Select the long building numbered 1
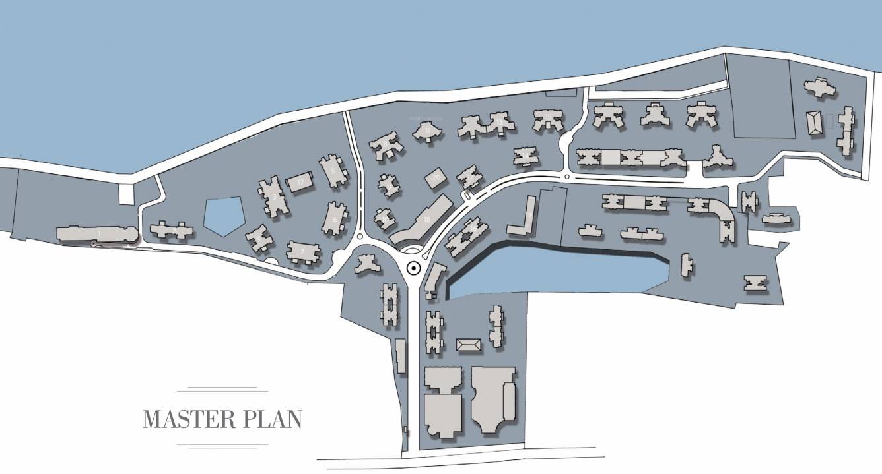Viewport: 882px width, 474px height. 98,234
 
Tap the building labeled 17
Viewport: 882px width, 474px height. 301,183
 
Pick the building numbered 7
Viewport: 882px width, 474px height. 302,251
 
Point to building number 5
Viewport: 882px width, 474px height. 333,171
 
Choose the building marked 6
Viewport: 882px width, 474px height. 335,219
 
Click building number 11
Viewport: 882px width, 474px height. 428,131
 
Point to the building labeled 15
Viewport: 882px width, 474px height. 548,119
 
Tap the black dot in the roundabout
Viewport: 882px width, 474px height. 413,268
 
